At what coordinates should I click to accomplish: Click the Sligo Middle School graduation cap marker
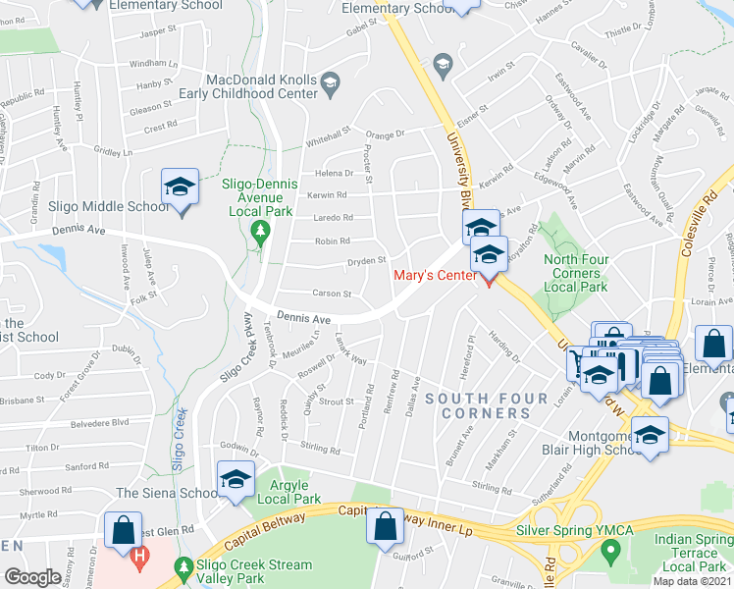pos(181,187)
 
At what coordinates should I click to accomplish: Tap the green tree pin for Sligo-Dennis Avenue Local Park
pos(260,234)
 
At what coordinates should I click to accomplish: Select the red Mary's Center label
pos(438,275)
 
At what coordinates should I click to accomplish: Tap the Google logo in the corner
pos(32,577)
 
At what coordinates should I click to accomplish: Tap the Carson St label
pos(332,294)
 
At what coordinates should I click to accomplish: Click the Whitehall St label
pos(327,133)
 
